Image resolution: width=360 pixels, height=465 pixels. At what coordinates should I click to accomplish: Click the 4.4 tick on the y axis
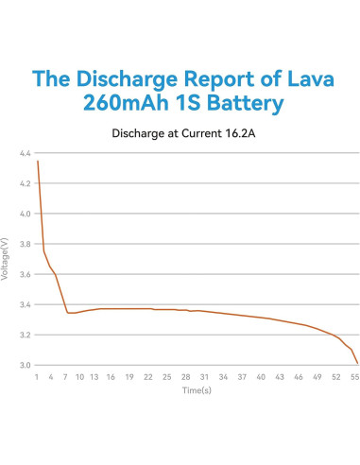point(25,153)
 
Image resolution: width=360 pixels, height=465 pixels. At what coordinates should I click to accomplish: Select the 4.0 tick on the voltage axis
point(25,214)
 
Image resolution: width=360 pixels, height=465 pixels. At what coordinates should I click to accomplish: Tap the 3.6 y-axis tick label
point(25,274)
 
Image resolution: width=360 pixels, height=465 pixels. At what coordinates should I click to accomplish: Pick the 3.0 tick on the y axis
point(25,365)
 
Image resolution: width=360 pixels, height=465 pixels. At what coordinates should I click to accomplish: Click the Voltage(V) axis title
point(8,259)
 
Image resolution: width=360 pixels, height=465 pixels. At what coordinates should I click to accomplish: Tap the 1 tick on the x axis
point(37,375)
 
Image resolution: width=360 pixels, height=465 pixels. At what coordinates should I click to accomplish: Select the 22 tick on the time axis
point(148,375)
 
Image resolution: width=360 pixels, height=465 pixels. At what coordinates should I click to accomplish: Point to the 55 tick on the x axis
point(354,375)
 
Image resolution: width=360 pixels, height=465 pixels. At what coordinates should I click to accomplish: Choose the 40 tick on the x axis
point(261,375)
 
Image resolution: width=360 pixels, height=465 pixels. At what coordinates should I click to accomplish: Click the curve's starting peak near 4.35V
point(38,162)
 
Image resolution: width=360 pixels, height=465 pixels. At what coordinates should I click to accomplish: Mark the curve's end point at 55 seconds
point(356,362)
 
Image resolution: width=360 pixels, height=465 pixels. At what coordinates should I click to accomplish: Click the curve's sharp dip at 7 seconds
point(68,313)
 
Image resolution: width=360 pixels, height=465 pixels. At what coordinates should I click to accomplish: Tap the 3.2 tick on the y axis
point(25,335)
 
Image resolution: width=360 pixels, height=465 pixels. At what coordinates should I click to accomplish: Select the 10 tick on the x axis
point(79,375)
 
